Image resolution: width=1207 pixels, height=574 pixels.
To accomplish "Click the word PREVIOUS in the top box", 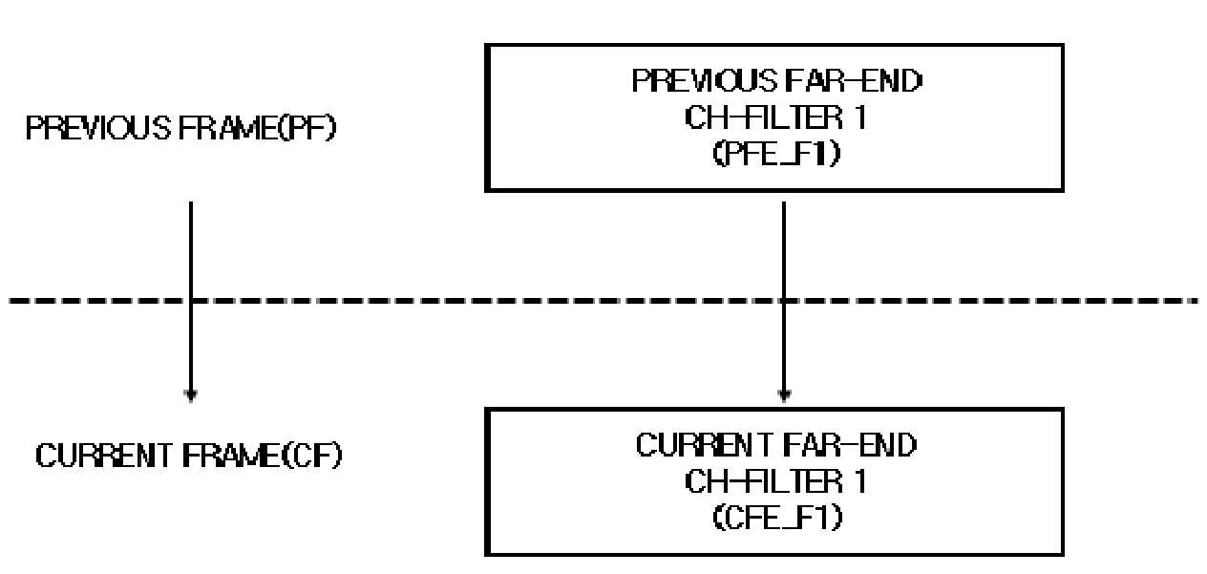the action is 705,81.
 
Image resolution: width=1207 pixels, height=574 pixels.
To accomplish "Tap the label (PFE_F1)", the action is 776,154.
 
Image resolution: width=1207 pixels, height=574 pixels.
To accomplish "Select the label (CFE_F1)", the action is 777,518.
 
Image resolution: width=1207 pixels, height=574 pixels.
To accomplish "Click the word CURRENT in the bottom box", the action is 704,445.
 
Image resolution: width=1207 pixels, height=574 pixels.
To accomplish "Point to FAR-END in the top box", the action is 854,81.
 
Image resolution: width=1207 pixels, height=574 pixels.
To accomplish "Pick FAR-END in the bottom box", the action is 849,445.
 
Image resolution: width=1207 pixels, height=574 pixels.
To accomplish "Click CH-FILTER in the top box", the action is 763,117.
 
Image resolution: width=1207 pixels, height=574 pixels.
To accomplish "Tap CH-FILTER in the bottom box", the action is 763,480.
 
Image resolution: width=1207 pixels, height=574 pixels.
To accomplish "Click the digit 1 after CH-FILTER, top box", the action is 860,117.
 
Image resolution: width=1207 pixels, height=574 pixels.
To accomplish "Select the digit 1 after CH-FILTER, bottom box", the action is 860,480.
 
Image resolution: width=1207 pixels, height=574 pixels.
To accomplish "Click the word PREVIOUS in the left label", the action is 98,128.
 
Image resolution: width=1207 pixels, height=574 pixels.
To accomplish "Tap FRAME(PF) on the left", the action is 257,128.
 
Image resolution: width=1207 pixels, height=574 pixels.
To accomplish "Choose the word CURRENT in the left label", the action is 103,456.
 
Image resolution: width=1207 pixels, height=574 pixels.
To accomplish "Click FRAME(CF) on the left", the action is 262,456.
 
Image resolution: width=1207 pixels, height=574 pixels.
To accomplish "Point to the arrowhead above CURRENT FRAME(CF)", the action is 191,396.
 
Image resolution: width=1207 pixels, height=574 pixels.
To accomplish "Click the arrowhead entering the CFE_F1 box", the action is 785,396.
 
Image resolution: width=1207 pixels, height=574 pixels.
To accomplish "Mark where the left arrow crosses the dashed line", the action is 191,300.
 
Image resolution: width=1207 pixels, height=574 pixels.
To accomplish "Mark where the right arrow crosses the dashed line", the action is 784,300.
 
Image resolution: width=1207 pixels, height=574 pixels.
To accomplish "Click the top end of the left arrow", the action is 191,202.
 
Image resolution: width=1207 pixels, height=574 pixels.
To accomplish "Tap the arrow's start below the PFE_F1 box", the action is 784,202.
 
